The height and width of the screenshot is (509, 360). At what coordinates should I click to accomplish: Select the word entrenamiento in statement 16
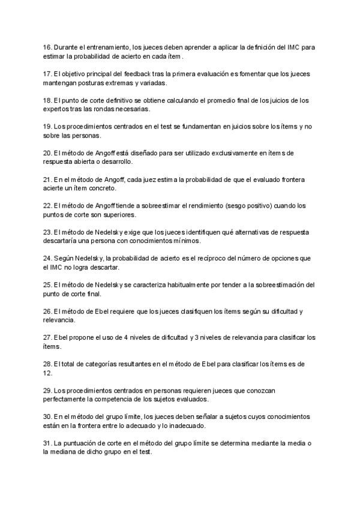click(x=104, y=47)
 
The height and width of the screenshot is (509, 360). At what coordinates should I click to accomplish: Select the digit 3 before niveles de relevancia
click(x=196, y=337)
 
